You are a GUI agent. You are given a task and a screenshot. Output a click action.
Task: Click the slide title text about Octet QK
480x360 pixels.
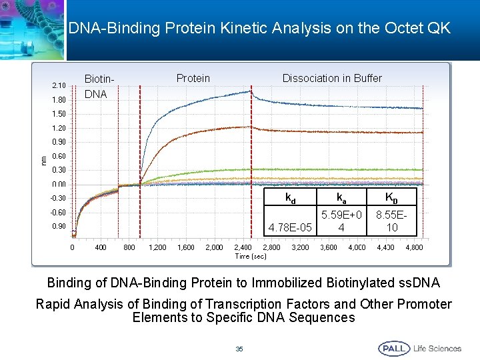[259, 28]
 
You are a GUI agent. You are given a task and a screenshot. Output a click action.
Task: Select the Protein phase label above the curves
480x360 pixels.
[193, 79]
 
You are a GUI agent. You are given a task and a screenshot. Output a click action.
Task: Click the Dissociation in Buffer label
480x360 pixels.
[332, 79]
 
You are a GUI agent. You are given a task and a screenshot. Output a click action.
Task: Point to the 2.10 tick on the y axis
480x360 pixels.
[59, 86]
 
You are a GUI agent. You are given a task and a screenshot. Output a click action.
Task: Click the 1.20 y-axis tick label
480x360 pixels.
[59, 128]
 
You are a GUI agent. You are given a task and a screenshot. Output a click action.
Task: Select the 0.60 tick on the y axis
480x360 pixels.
[59, 156]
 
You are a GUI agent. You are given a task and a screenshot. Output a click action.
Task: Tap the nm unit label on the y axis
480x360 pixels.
[44, 159]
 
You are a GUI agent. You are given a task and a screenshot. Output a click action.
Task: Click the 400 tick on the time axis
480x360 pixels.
[101, 248]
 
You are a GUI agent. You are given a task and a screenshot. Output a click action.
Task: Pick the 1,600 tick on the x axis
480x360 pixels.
[186, 248]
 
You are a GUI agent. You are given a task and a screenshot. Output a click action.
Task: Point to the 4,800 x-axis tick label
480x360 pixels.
[414, 248]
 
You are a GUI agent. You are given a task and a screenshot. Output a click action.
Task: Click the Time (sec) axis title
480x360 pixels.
[251, 256]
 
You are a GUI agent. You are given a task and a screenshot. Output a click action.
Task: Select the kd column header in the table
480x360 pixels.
[291, 198]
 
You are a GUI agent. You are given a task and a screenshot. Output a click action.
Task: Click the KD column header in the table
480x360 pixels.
[391, 198]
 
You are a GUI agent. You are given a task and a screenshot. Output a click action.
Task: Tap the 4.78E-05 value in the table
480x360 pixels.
[291, 227]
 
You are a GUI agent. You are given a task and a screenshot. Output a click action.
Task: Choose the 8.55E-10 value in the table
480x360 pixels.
[392, 221]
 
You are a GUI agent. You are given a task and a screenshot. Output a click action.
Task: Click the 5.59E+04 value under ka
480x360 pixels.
[341, 221]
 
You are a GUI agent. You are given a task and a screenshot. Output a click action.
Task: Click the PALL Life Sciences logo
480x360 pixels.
[420, 348]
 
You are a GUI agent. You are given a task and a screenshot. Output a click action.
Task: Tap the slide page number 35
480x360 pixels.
[239, 349]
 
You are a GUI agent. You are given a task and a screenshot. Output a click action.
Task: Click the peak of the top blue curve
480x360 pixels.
[250, 91]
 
